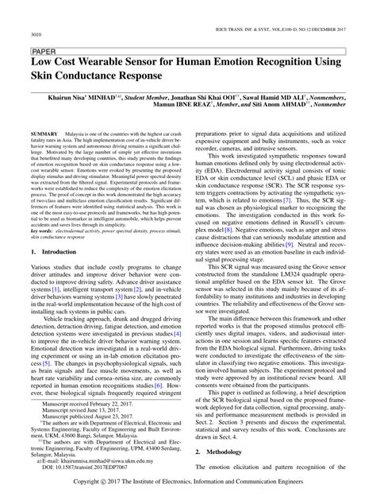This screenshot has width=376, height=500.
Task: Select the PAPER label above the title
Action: coord(42,49)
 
